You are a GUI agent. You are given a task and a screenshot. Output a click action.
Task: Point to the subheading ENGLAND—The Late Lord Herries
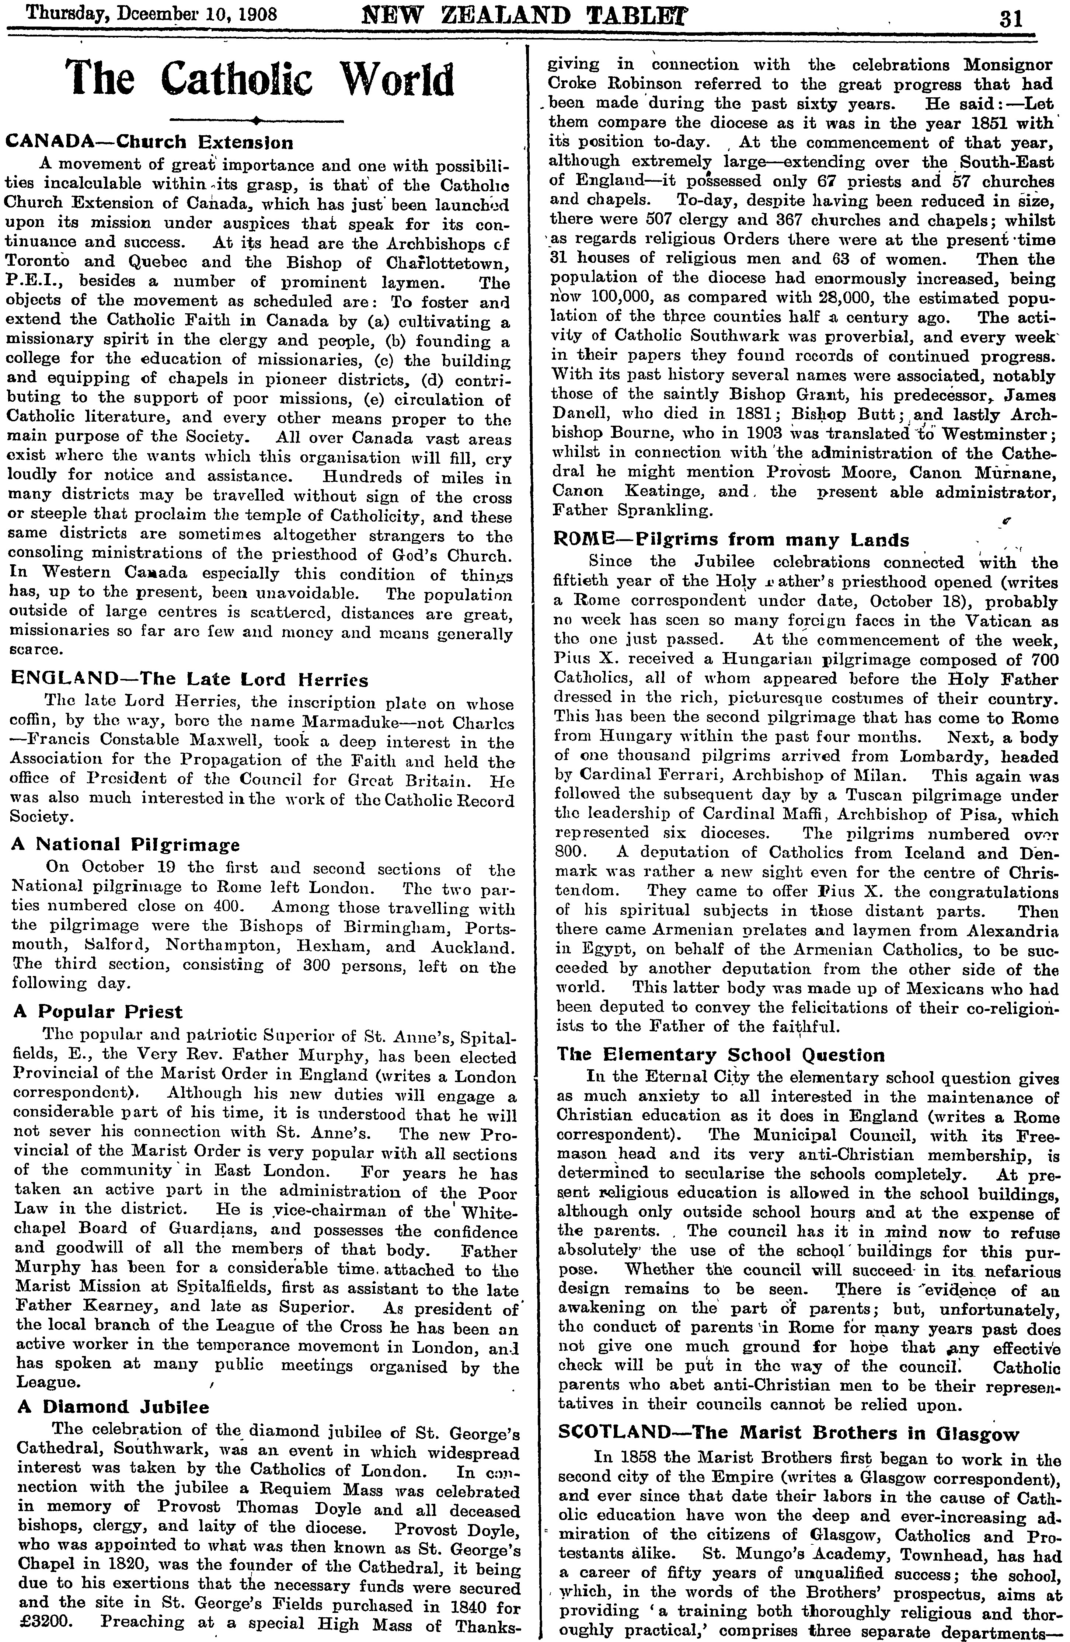190,680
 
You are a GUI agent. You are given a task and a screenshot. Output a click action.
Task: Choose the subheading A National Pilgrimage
127,844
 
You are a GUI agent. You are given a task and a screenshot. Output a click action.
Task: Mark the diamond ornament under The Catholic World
257,121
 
